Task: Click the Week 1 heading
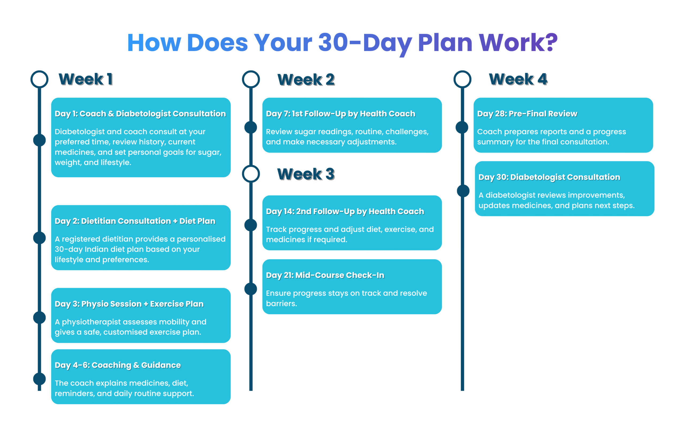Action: pyautogui.click(x=86, y=79)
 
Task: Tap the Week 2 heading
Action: pyautogui.click(x=306, y=80)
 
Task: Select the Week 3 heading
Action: pyautogui.click(x=306, y=174)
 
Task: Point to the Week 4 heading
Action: pyautogui.click(x=518, y=79)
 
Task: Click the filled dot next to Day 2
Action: pyautogui.click(x=40, y=238)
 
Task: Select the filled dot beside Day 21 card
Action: pyautogui.click(x=251, y=289)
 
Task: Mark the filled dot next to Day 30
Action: pyautogui.click(x=463, y=191)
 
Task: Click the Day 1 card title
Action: pyautogui.click(x=140, y=114)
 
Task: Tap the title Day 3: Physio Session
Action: pyautogui.click(x=98, y=304)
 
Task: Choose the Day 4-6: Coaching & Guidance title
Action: pyautogui.click(x=118, y=365)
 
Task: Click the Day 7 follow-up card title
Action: pyautogui.click(x=341, y=114)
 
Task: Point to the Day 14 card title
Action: pyautogui.click(x=345, y=212)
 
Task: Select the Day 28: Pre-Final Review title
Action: pyautogui.click(x=527, y=114)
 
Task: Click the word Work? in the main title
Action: pyautogui.click(x=518, y=43)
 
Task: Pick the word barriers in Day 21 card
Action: pyautogui.click(x=281, y=304)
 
